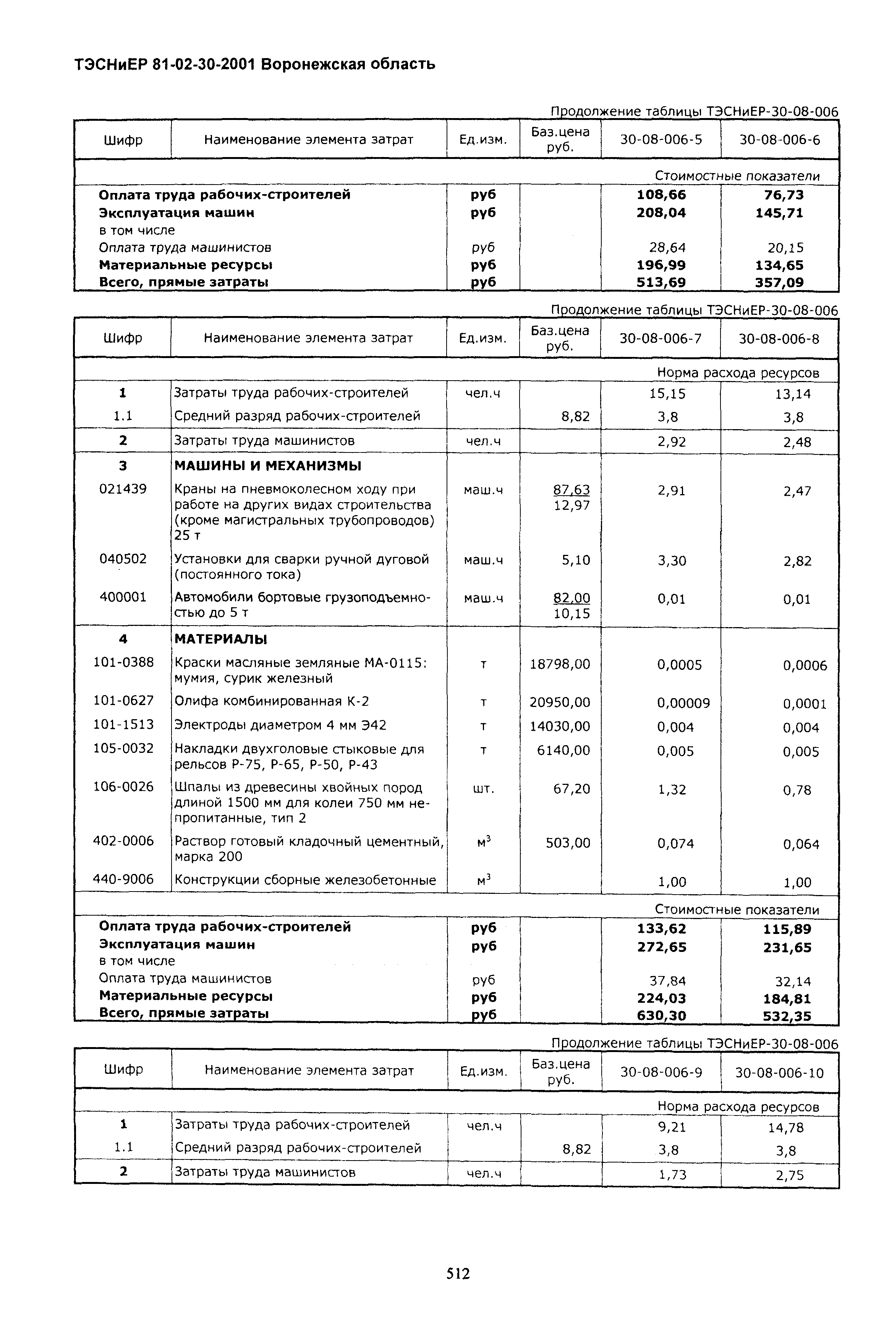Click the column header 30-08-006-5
pyautogui.click(x=661, y=139)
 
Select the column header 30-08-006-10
pyautogui.click(x=779, y=1072)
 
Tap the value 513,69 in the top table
pyautogui.click(x=661, y=282)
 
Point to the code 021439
pyautogui.click(x=123, y=489)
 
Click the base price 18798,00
pyautogui.click(x=560, y=664)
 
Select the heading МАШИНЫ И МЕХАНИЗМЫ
pyautogui.click(x=268, y=466)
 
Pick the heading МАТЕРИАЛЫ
pyautogui.click(x=220, y=639)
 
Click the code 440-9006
pyautogui.click(x=123, y=879)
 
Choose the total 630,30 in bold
pyautogui.click(x=661, y=1016)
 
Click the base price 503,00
pyautogui.click(x=568, y=843)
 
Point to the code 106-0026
pyautogui.click(x=123, y=787)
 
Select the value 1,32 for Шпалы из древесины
pyautogui.click(x=672, y=790)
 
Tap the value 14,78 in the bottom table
pyautogui.click(x=785, y=1127)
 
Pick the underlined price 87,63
pyautogui.click(x=572, y=490)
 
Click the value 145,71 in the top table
pyautogui.click(x=779, y=213)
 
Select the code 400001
pyautogui.click(x=123, y=597)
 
